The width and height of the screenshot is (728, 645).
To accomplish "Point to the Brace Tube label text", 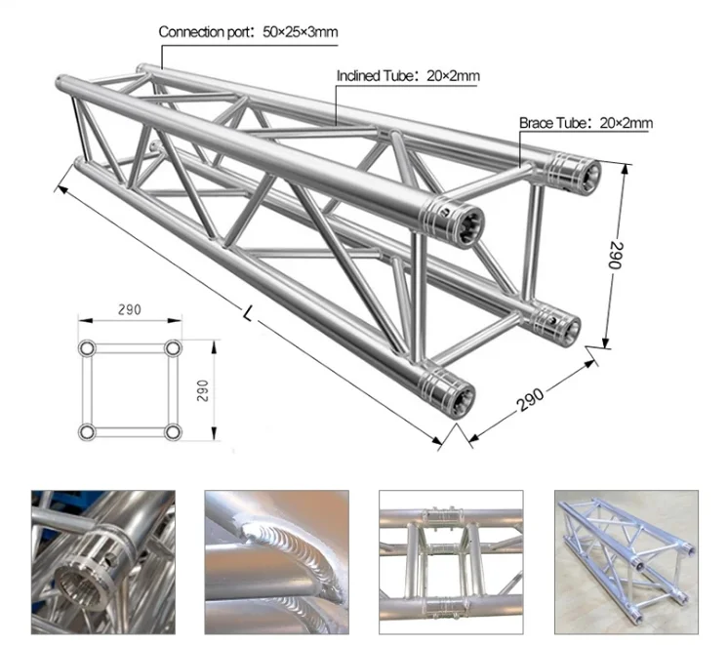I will (553, 123).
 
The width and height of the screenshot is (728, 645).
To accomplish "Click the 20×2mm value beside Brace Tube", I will (623, 123).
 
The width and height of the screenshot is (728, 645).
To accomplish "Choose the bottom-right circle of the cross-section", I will (173, 430).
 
